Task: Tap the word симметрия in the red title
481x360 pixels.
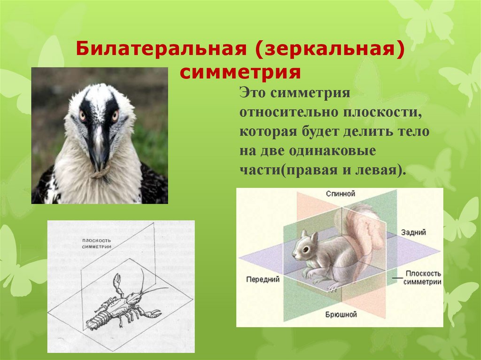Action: [240, 73]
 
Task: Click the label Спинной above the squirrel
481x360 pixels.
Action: [340, 193]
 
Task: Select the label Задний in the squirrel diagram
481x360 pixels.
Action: [413, 232]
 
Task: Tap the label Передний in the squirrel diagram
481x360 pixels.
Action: [263, 279]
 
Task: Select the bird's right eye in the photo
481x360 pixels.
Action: [115, 114]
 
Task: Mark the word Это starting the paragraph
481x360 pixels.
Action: [252, 92]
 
